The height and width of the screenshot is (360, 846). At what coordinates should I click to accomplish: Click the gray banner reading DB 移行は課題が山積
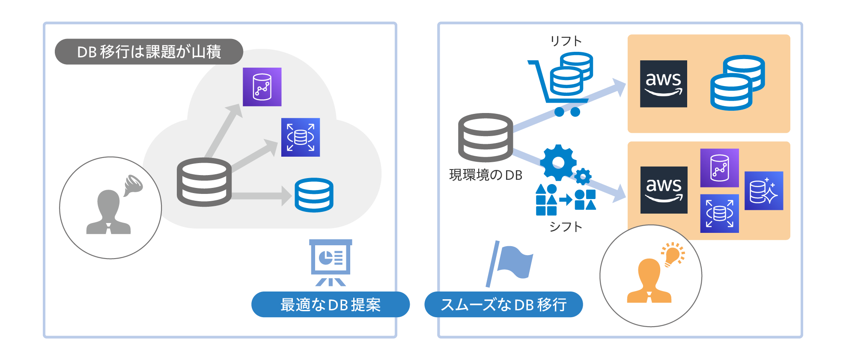pos(149,52)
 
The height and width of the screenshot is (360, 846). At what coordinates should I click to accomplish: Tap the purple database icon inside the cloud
pos(262,87)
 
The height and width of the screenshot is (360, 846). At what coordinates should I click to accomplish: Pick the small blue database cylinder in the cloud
pos(314,195)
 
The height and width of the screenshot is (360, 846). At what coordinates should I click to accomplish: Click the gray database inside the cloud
pos(204,182)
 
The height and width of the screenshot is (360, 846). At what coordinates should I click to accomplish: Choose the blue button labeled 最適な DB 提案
pos(330,304)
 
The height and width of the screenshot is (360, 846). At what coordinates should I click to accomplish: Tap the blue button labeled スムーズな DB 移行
pos(503,304)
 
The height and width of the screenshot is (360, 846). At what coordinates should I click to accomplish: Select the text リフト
pos(566,41)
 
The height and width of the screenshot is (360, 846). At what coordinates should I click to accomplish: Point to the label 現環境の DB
pos(486,175)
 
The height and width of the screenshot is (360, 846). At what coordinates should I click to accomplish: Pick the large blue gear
pos(558,162)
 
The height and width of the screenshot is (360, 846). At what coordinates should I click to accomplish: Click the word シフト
pos(566,226)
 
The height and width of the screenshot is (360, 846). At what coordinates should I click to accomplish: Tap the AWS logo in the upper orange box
pos(663,84)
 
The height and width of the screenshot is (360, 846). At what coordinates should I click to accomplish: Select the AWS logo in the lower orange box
pos(664,190)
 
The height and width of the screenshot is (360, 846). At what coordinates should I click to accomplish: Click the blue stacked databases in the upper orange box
pos(737,83)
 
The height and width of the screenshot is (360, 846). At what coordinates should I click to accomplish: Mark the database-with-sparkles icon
pos(764,191)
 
